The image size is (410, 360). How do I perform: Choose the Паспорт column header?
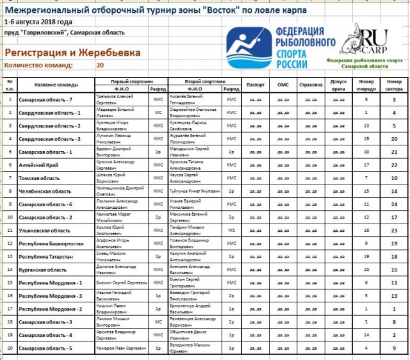coord(254,85)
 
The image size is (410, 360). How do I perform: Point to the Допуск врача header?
coord(338,85)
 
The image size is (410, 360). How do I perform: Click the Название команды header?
coord(56,85)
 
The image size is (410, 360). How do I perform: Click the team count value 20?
coord(100,65)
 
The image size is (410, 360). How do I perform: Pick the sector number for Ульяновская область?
coord(395,230)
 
